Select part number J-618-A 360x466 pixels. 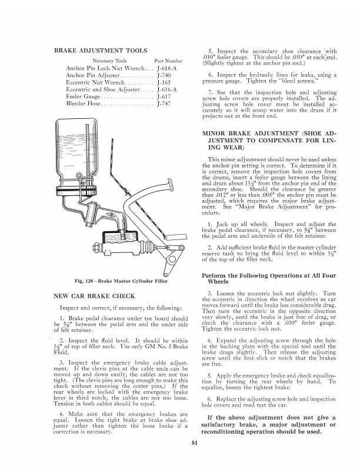pyautogui.click(x=165, y=69)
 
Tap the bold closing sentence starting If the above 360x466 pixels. pyautogui.click(x=268, y=418)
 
